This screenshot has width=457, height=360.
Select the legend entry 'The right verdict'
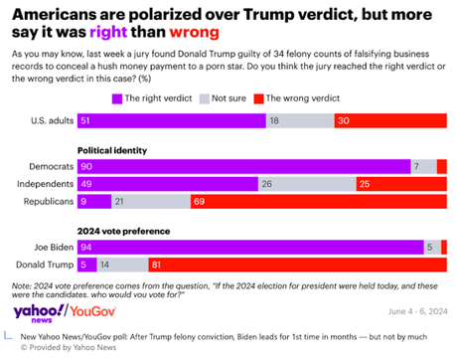tap(154, 98)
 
